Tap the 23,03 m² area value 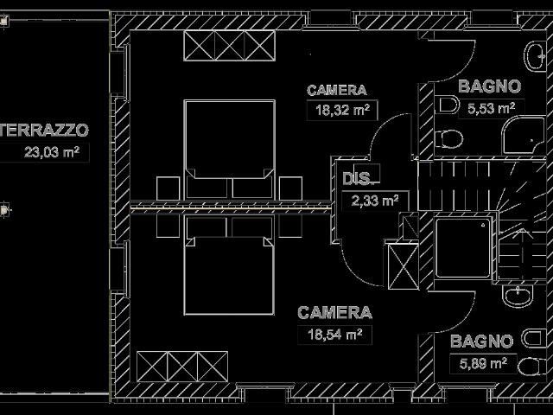click(x=52, y=152)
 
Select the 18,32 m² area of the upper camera click(x=342, y=110)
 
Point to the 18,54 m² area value click(x=334, y=334)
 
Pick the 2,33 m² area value click(x=375, y=201)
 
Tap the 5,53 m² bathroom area click(x=492, y=108)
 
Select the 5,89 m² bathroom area click(x=483, y=363)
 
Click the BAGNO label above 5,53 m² click(x=490, y=86)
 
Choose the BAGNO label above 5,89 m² click(x=482, y=342)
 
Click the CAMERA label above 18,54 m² click(x=334, y=313)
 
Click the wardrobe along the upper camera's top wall click(x=229, y=46)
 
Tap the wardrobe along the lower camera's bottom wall click(x=182, y=367)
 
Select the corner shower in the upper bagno click(x=524, y=136)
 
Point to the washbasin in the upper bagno click(x=536, y=56)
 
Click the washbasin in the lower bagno click(x=517, y=296)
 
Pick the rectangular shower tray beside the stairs click(x=463, y=248)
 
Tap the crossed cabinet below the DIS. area click(x=404, y=266)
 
